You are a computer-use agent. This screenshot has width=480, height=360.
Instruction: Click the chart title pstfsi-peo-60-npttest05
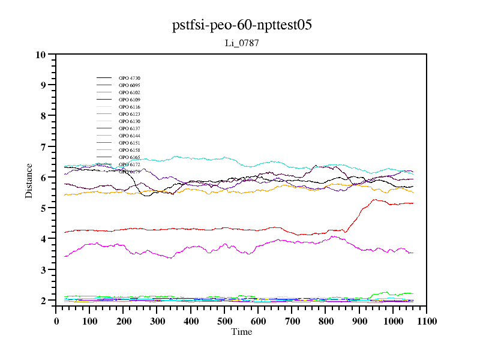click(241, 26)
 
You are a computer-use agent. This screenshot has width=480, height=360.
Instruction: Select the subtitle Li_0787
click(241, 43)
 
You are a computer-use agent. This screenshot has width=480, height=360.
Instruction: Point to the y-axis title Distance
click(29, 180)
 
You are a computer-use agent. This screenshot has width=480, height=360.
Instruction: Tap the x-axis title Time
click(241, 332)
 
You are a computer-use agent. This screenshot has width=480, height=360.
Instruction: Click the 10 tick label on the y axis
click(41, 55)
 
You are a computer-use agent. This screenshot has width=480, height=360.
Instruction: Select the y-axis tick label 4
click(43, 239)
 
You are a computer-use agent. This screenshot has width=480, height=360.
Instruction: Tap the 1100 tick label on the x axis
click(426, 321)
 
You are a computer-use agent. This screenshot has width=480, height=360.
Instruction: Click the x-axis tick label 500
click(224, 321)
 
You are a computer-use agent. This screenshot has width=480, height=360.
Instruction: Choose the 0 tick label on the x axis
click(56, 321)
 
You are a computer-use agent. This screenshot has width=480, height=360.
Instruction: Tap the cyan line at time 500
click(224, 158)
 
